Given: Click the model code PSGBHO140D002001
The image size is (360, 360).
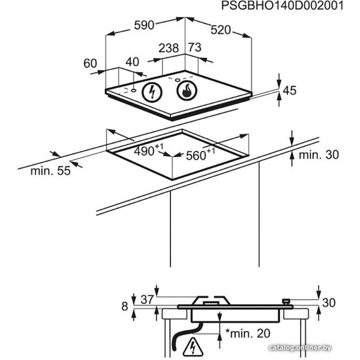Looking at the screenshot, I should [282, 6].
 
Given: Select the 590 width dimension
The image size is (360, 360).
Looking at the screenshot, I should [144, 26].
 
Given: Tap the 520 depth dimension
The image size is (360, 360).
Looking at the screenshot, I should [220, 31].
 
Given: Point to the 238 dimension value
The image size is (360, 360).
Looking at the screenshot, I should [169, 48].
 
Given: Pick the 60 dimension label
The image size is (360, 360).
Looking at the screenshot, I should [90, 64].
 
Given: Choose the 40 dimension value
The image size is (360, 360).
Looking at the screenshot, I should [132, 62].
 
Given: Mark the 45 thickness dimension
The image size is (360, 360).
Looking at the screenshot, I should [289, 90].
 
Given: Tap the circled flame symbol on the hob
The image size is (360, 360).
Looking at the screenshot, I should [186, 90].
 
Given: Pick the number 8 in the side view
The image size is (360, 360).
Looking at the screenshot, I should [125, 307].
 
